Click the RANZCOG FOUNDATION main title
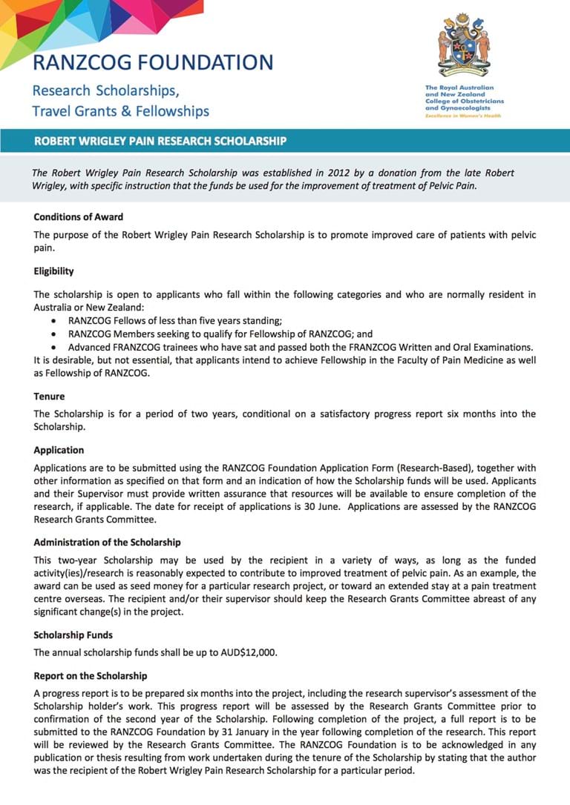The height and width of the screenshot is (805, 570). click(153, 62)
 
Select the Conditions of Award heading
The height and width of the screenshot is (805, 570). click(79, 217)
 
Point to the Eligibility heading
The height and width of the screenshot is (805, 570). click(53, 271)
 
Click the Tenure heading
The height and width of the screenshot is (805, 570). click(49, 397)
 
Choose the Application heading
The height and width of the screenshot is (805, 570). click(59, 450)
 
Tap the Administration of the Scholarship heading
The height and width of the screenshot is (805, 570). click(107, 543)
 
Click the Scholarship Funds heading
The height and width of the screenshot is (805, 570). click(73, 635)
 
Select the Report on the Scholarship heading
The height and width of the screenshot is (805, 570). click(91, 676)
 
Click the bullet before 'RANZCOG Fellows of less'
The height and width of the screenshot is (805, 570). click(55, 322)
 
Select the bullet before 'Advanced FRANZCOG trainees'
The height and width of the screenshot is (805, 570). click(55, 347)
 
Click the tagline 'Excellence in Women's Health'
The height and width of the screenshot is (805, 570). click(462, 116)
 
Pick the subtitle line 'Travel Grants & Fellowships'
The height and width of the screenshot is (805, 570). click(120, 111)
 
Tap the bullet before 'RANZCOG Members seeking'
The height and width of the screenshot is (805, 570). click(55, 334)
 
